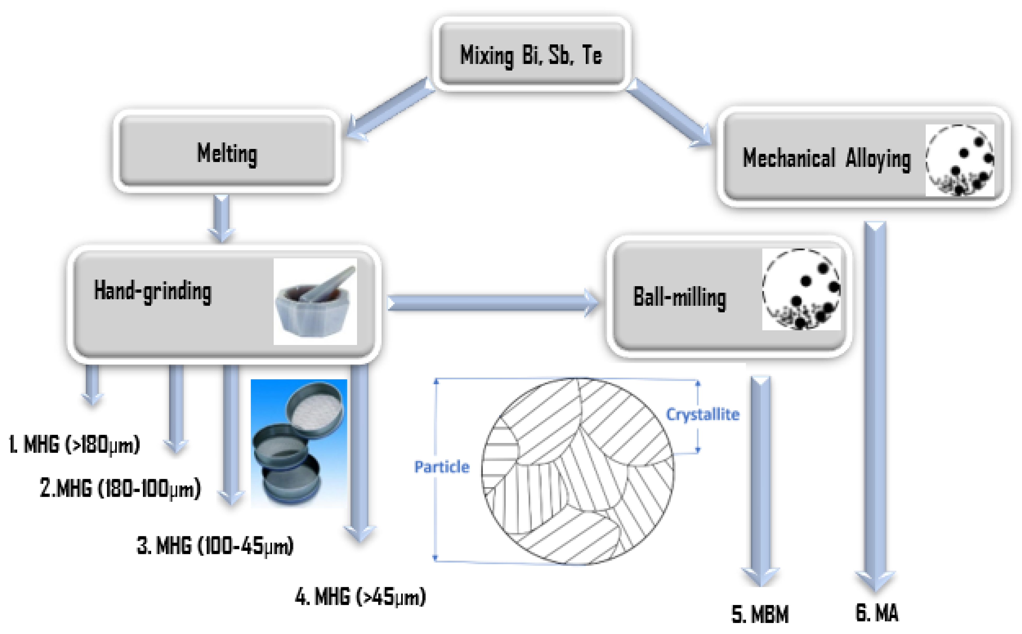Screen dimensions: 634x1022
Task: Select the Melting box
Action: tap(227, 153)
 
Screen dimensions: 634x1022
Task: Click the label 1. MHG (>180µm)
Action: tap(74, 444)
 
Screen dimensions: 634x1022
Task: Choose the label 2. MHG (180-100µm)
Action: tap(120, 488)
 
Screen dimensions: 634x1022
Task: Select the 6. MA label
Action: tap(876, 613)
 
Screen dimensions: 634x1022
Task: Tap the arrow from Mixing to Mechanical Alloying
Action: tap(669, 113)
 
